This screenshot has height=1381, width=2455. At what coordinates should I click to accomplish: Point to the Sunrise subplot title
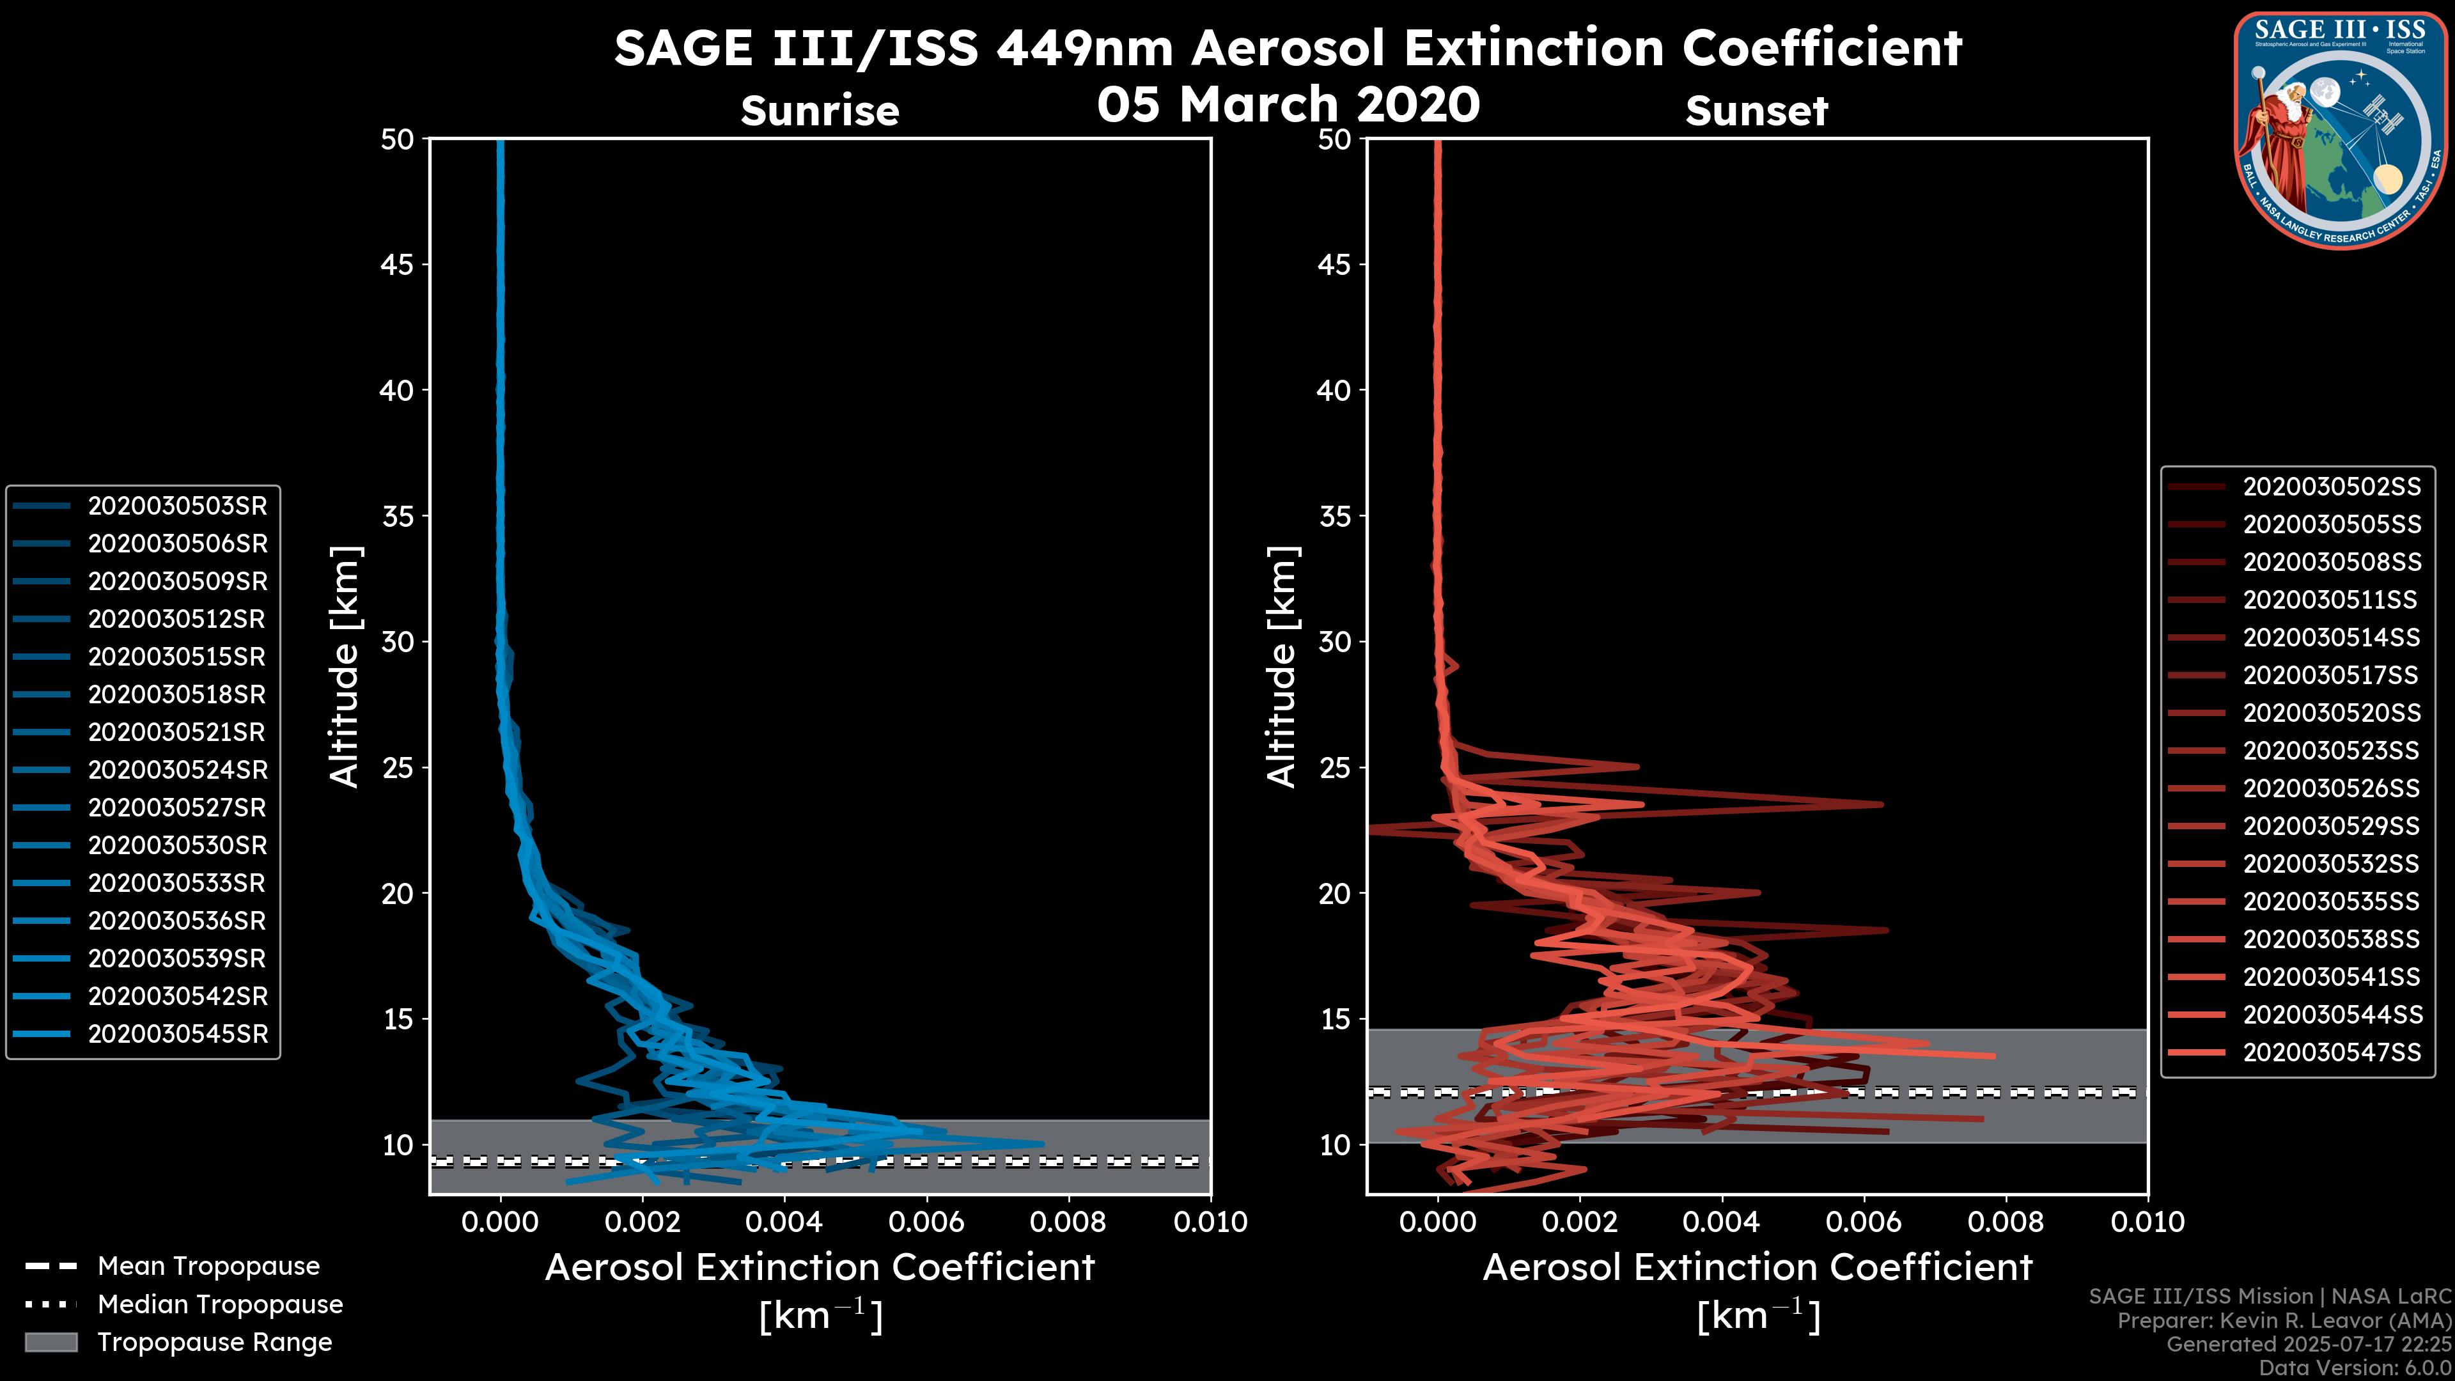(x=820, y=111)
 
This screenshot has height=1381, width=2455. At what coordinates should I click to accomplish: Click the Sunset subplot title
(x=1756, y=111)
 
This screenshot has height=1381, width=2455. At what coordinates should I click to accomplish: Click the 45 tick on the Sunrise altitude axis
(x=398, y=265)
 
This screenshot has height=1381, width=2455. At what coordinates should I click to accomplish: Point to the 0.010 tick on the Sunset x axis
(x=2147, y=1222)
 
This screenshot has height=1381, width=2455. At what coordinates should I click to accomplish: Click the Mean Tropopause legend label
(x=208, y=1267)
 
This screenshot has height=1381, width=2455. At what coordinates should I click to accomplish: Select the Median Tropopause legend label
(x=220, y=1305)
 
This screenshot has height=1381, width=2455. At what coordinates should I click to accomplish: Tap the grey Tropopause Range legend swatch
(x=51, y=1342)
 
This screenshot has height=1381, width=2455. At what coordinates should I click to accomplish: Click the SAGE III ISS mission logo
(x=2340, y=130)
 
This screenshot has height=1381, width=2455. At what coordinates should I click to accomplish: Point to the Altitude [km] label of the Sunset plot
(x=1282, y=666)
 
